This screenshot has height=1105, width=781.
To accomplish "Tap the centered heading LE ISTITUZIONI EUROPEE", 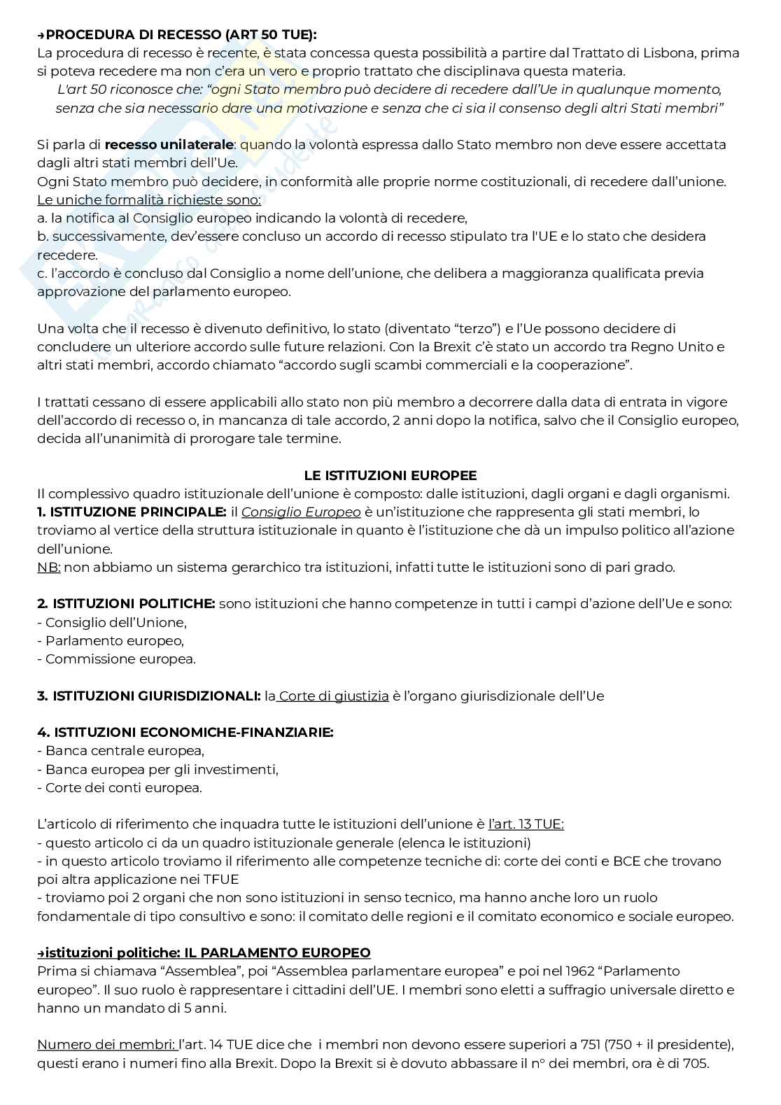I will [390, 476].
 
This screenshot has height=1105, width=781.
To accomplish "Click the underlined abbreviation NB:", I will [48, 568].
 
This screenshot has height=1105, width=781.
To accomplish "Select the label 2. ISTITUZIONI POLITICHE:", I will [126, 604].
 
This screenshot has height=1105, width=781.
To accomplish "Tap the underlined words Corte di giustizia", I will [334, 696].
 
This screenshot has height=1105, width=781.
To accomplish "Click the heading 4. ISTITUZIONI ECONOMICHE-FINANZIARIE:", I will [185, 733].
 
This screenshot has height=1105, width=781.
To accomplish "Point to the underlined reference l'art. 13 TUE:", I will [526, 824].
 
